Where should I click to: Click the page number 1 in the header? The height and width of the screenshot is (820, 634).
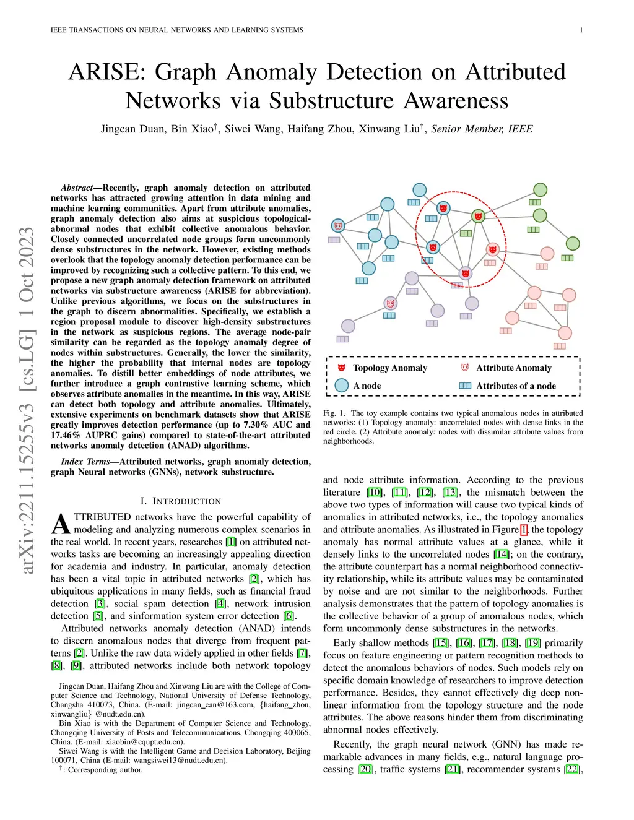(581, 30)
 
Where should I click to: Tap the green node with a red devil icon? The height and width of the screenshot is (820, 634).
(478, 216)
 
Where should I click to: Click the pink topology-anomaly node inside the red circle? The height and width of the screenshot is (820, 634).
(492, 249)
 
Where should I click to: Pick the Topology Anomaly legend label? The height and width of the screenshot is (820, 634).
(390, 368)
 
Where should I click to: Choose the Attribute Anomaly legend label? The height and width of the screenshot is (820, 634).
(513, 368)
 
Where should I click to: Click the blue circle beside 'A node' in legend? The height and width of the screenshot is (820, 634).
(341, 386)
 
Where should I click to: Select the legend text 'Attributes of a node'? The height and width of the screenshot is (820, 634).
(516, 386)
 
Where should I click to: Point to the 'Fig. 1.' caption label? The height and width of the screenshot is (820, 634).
(334, 413)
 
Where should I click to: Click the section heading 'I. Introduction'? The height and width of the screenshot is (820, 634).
(180, 501)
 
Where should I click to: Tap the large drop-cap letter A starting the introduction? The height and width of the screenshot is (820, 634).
(61, 524)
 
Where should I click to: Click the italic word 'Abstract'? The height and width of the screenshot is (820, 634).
(77, 188)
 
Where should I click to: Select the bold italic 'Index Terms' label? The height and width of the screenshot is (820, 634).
(85, 462)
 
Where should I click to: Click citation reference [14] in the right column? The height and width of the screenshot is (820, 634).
(502, 554)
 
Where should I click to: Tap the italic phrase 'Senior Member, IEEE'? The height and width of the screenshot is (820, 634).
(482, 129)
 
